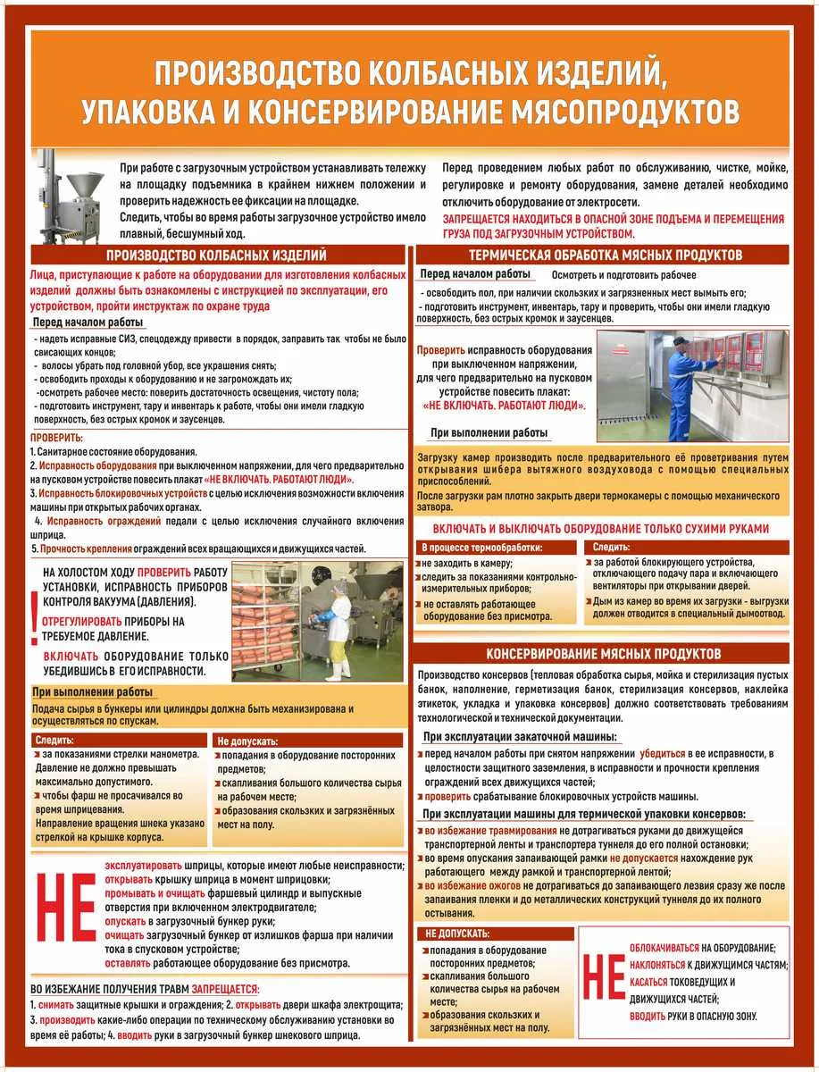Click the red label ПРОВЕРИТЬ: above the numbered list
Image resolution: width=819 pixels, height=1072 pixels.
56,438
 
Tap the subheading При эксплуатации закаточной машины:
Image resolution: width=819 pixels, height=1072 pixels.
520,737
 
